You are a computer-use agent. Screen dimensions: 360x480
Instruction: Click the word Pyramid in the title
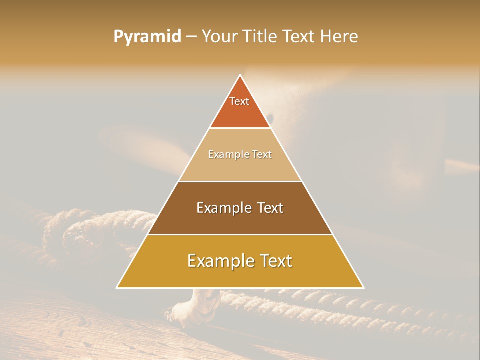coord(147,37)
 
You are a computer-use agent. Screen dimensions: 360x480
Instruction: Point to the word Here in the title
coord(340,37)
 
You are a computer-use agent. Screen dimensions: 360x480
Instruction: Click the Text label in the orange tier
coord(239,101)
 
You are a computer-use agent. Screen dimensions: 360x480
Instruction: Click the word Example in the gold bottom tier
coord(220,261)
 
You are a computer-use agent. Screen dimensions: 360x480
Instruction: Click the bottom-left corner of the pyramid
coord(117,287)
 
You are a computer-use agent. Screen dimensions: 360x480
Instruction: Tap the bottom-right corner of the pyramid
coord(363,287)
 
